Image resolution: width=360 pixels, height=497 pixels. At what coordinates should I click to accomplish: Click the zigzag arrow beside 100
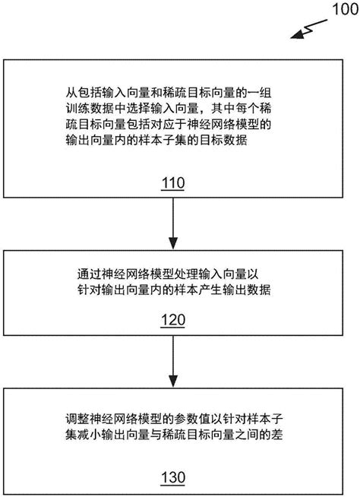(308, 29)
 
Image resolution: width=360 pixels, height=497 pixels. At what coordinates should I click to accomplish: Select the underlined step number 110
(173, 183)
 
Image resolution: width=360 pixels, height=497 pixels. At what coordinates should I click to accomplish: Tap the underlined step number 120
(173, 320)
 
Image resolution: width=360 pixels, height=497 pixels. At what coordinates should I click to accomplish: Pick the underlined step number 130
(173, 477)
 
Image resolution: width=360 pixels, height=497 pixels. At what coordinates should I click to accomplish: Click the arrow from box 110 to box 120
(173, 223)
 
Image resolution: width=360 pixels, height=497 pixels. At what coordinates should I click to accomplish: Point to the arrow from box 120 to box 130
(173, 361)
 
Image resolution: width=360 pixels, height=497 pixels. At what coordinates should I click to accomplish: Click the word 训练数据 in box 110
(90, 109)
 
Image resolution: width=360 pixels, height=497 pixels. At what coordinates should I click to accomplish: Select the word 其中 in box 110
(223, 109)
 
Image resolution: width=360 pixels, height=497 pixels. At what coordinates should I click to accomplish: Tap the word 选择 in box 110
(138, 109)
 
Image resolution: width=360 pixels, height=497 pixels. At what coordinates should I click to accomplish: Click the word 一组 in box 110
(259, 93)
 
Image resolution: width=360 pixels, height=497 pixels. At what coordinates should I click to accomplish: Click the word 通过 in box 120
(90, 274)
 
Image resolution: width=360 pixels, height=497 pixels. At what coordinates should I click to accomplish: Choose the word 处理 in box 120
(186, 274)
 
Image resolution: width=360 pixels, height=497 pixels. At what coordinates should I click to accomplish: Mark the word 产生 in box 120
(210, 290)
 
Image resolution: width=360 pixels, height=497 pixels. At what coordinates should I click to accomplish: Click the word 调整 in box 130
(77, 419)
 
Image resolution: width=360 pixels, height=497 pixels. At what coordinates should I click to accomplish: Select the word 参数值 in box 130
(192, 419)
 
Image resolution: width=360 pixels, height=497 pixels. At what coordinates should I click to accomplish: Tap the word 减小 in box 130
(90, 434)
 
